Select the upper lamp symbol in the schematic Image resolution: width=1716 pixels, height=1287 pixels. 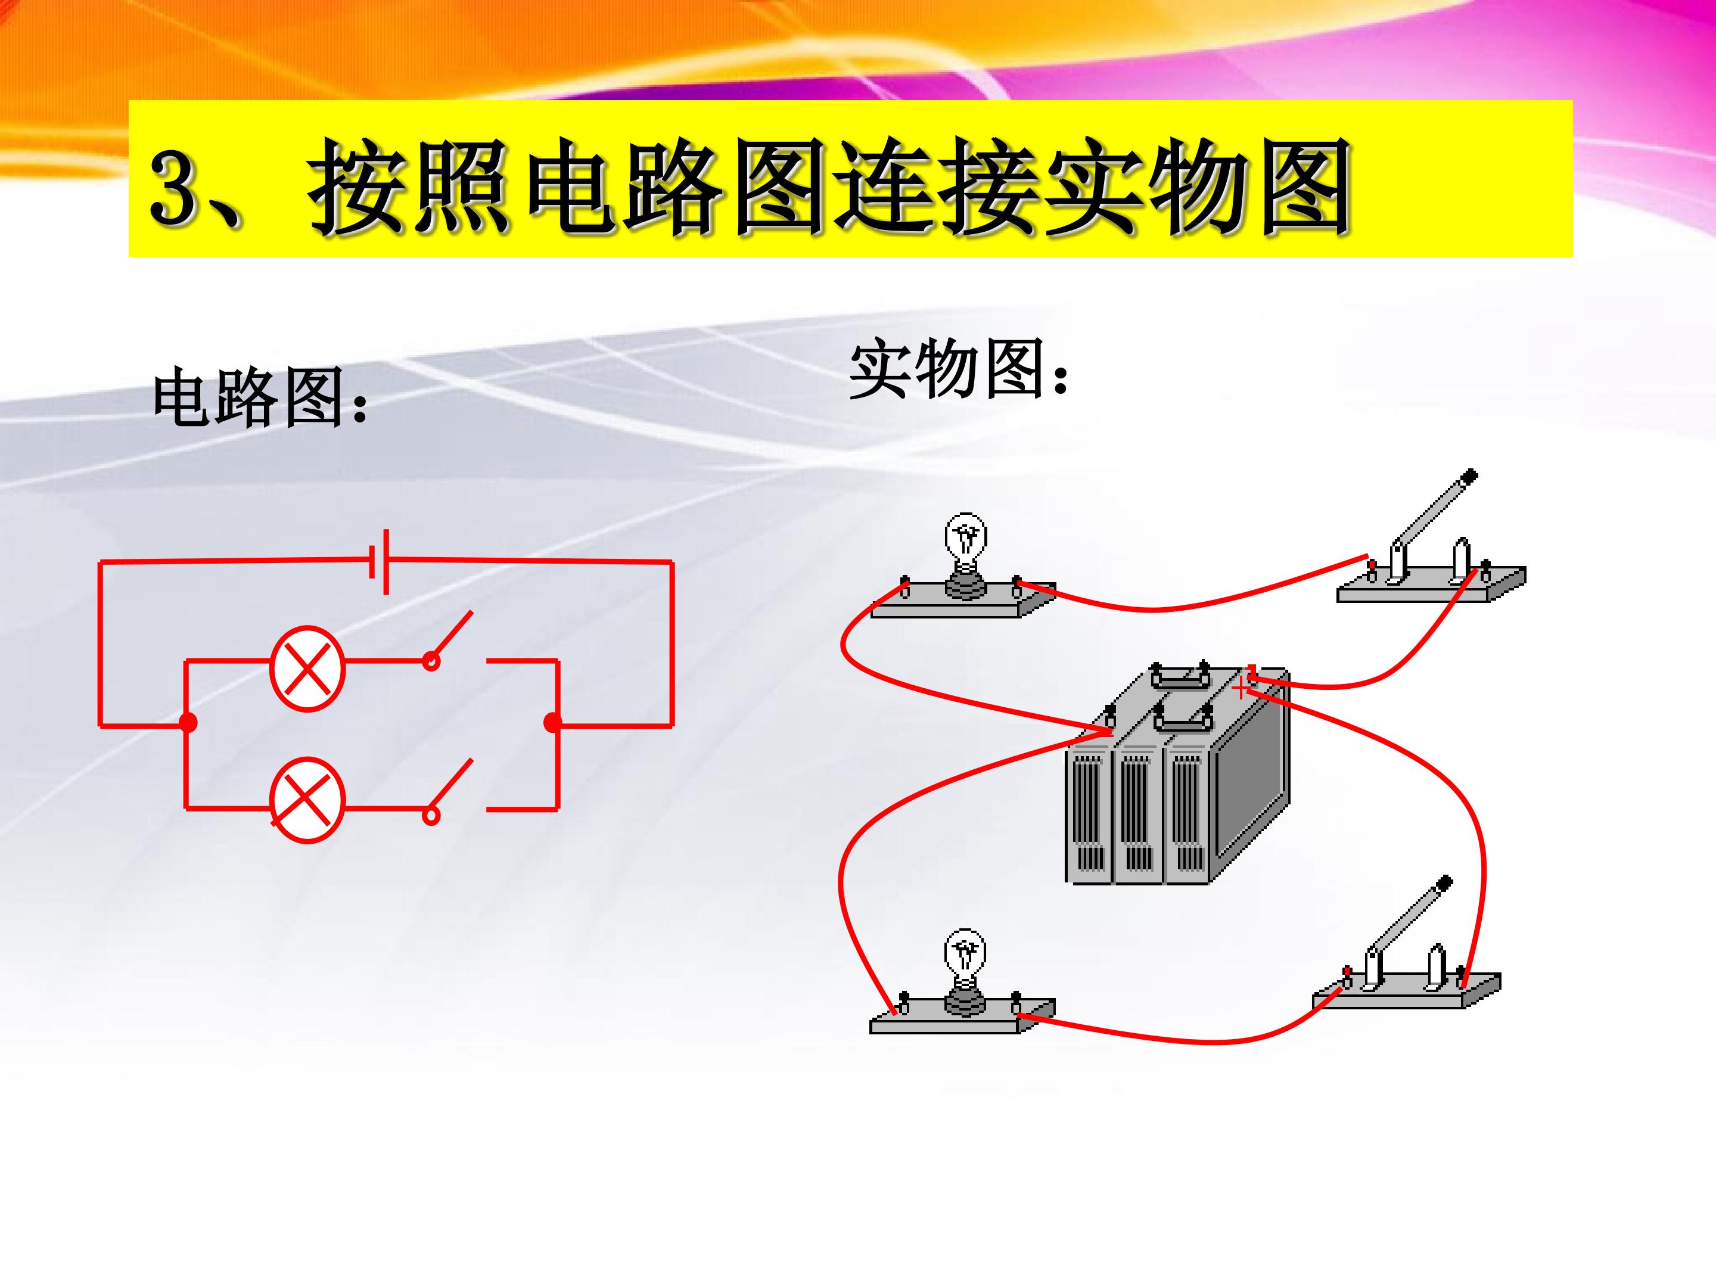pos(307,668)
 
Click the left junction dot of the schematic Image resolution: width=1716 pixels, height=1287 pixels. pos(188,723)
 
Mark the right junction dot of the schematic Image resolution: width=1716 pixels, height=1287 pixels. pos(552,723)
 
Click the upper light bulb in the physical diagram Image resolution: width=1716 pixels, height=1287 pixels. pos(964,554)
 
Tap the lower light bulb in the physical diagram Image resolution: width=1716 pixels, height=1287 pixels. pos(964,971)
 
